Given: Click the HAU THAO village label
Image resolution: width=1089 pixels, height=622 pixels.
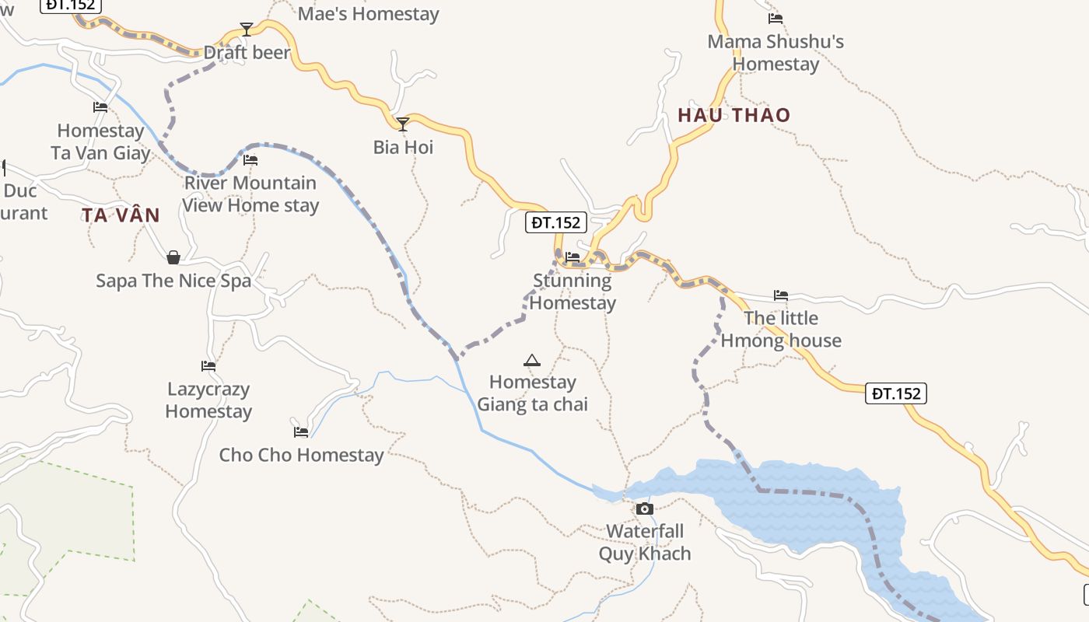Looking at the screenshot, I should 734,115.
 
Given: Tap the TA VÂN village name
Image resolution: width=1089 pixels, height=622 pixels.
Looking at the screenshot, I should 121,215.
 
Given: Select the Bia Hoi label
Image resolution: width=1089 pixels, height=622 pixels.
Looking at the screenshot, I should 403,147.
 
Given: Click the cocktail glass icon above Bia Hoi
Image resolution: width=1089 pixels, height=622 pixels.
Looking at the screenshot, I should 403,124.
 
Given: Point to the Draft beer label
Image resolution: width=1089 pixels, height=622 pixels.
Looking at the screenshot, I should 247,53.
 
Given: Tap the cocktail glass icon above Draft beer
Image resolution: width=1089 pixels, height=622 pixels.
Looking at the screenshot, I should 247,30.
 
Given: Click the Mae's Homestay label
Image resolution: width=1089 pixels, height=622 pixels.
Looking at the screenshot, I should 368,14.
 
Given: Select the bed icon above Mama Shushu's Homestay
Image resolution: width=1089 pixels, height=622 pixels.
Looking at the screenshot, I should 776,19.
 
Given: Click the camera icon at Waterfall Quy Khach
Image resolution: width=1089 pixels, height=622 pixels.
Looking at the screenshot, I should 644,509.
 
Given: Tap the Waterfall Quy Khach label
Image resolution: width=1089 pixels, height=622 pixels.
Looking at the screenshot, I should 645,543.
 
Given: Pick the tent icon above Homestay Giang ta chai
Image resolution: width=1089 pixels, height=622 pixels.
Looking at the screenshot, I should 532,360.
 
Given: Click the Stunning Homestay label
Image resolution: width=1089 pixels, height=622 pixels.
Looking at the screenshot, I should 574,292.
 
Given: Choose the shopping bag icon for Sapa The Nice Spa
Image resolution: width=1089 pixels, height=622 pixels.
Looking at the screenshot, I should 173,257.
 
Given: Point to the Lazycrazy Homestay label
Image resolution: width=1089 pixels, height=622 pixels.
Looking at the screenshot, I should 208,400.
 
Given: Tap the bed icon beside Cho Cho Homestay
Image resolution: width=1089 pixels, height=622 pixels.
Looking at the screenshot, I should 301,432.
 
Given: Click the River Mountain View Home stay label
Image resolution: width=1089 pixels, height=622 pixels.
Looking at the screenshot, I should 250,194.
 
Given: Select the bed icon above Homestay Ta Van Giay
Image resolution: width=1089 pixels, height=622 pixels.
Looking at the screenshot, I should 100,107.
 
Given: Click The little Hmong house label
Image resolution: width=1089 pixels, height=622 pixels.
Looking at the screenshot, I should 781,329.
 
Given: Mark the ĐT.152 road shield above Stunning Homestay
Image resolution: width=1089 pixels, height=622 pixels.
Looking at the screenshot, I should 556,223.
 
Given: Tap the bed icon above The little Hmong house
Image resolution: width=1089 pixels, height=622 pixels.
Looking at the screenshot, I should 781,295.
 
